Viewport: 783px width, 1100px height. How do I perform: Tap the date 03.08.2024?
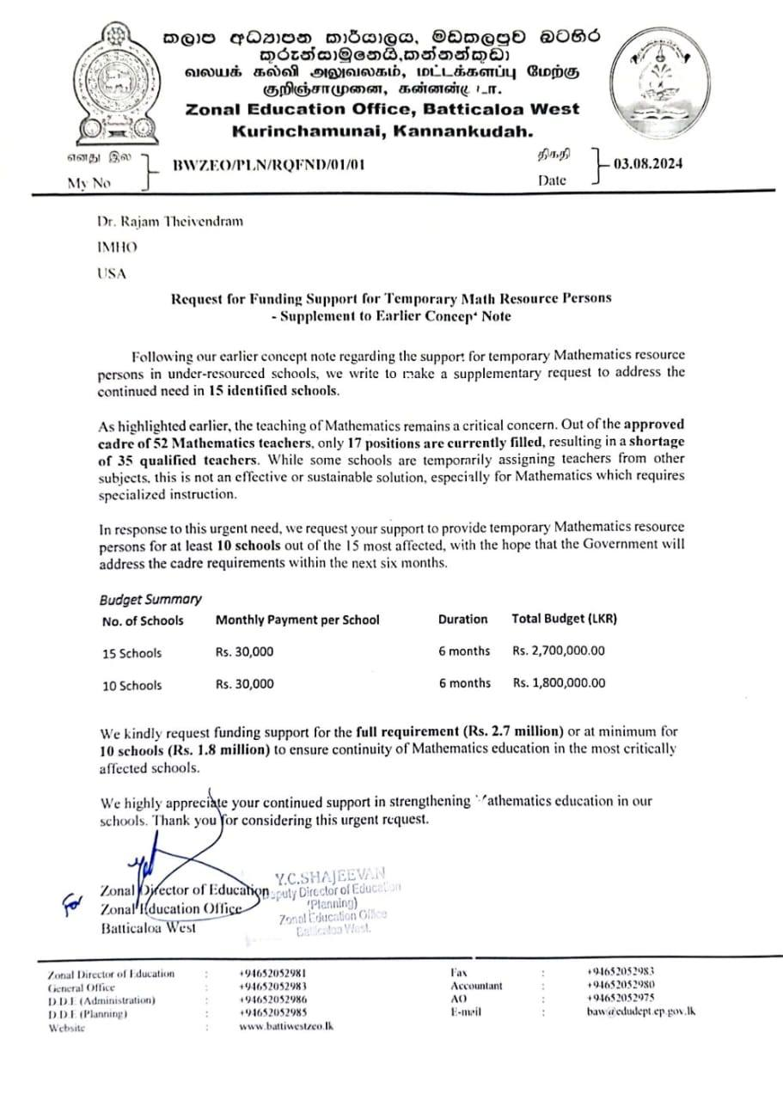647,163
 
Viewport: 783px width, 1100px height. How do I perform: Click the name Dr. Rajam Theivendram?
169,221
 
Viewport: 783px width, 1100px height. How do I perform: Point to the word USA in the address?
110,273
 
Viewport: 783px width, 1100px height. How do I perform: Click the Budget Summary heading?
150,599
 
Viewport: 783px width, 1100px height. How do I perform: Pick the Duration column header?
462,619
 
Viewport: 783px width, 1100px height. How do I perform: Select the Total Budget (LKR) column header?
564,619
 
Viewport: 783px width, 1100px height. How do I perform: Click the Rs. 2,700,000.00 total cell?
559,651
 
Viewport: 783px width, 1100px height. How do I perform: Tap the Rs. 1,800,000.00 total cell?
559,683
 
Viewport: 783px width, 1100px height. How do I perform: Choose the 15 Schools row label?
132,652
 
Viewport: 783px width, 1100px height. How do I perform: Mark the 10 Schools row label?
132,685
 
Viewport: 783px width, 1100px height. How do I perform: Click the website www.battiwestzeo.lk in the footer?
286,1027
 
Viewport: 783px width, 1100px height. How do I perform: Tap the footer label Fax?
458,973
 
